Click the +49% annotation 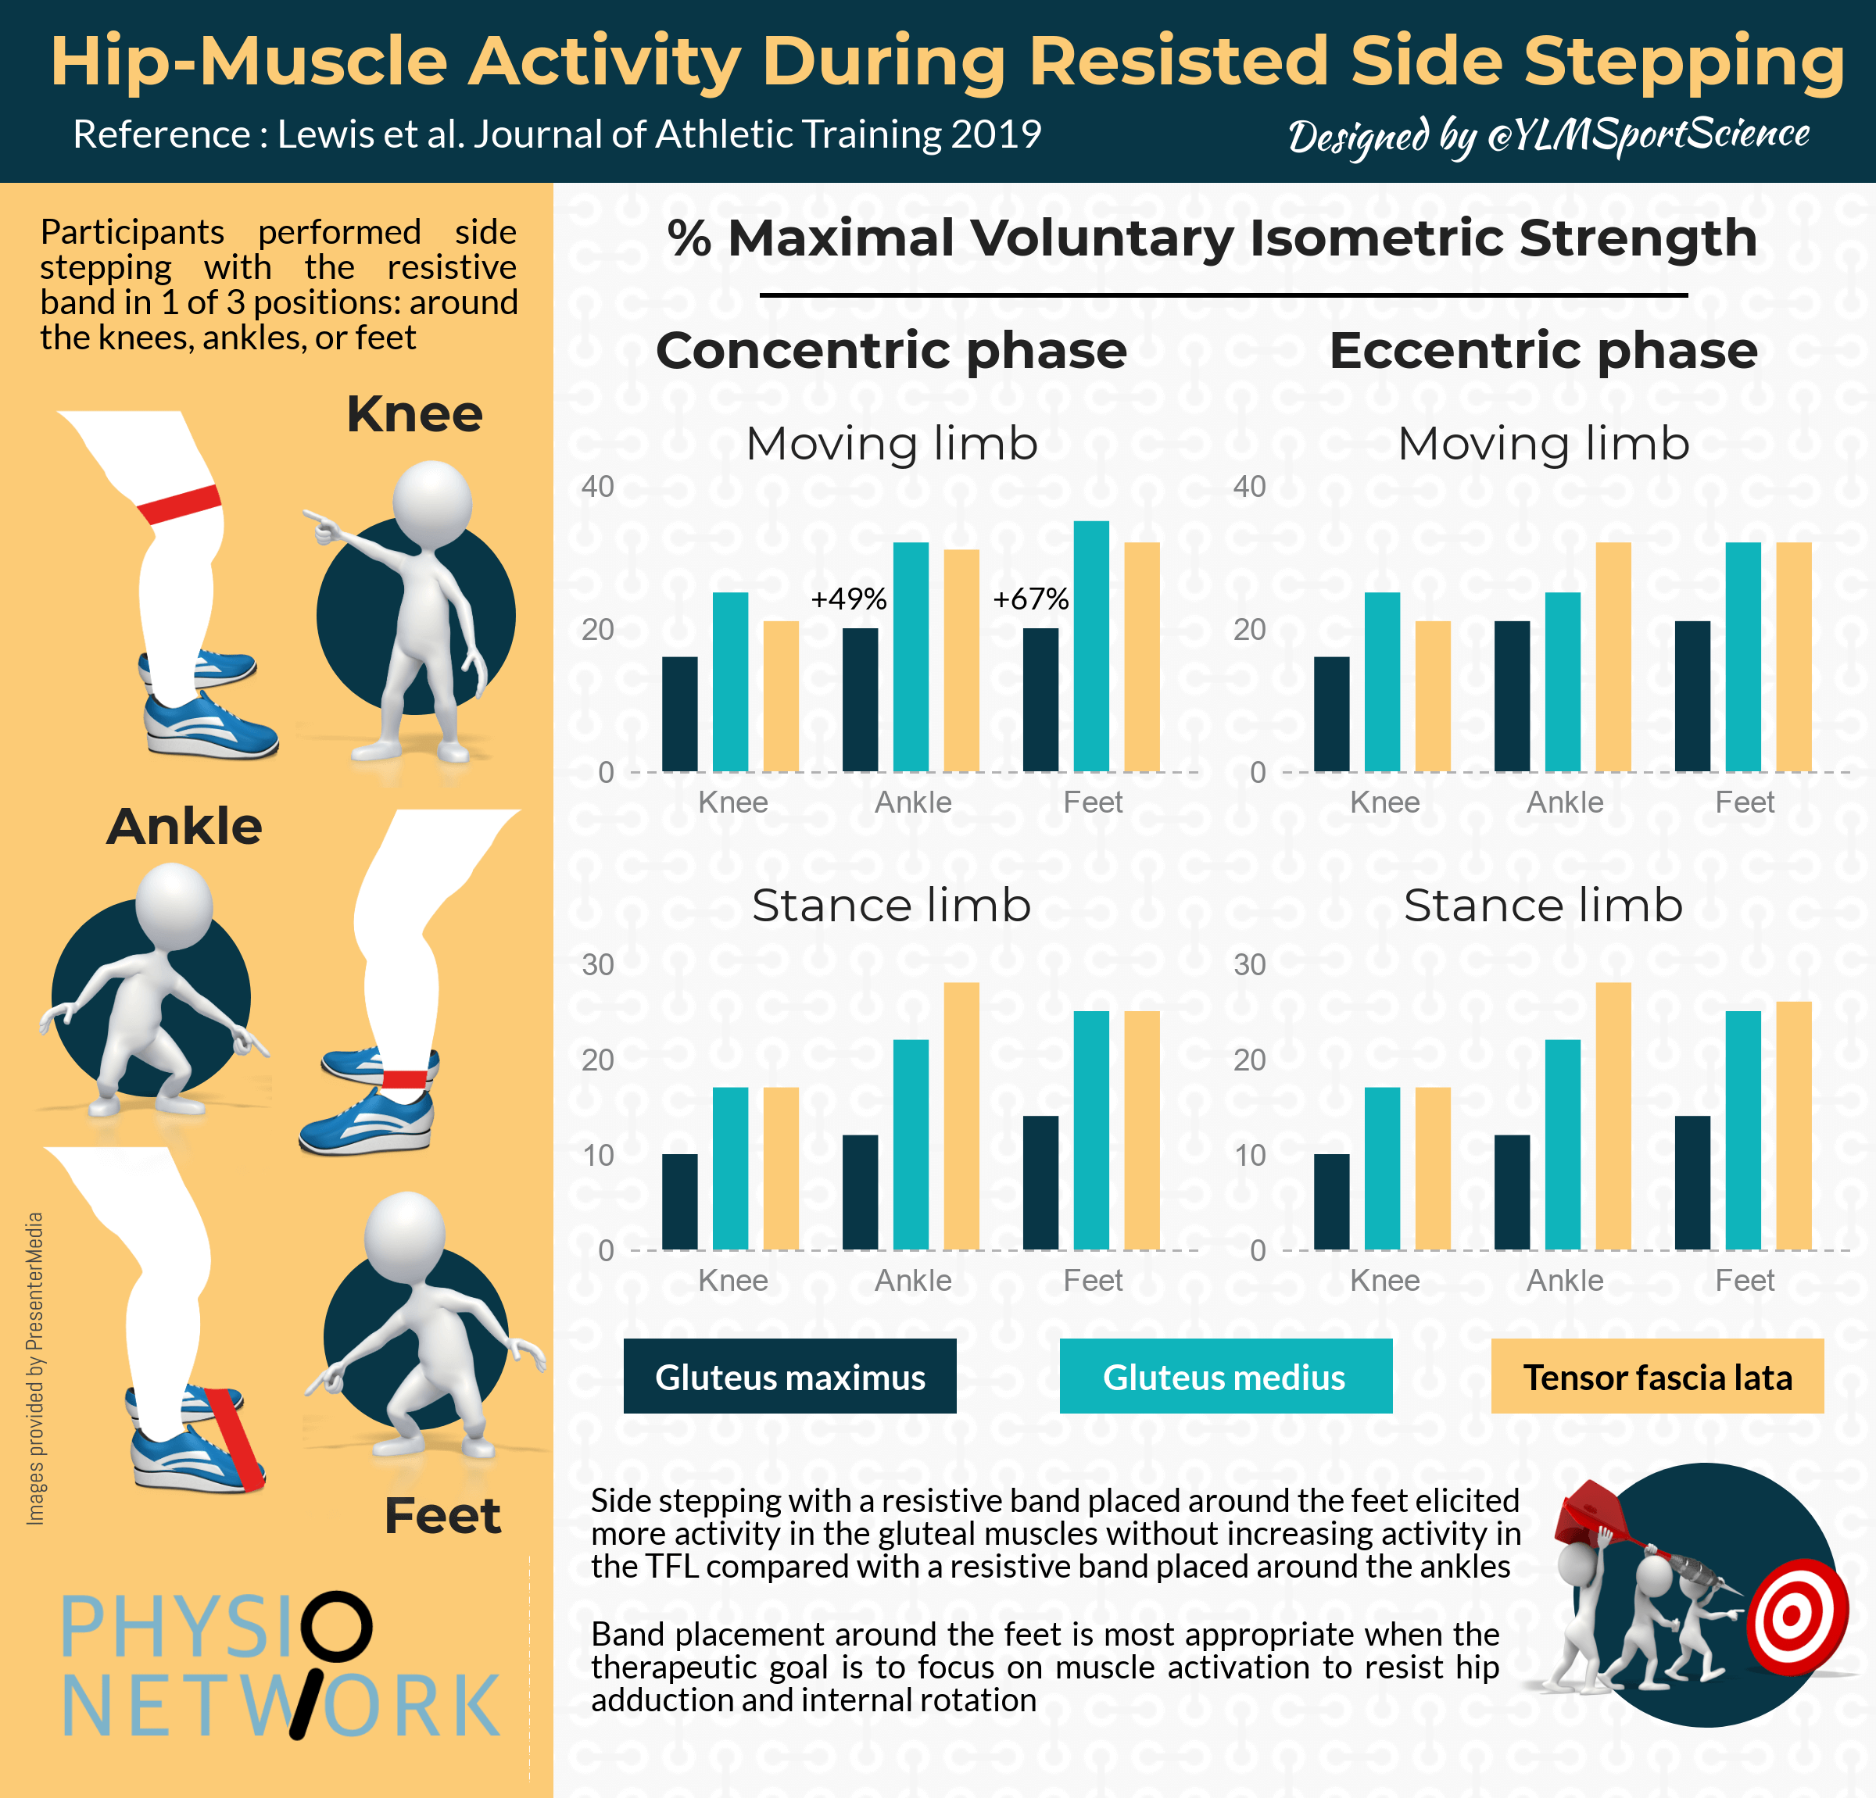(x=848, y=599)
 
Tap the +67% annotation (x=1030, y=599)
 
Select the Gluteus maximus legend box (x=789, y=1376)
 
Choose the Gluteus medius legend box (x=1225, y=1376)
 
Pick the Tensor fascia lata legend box (x=1657, y=1376)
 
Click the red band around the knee (x=179, y=503)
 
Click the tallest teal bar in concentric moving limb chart (x=1091, y=646)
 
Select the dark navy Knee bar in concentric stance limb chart (x=679, y=1201)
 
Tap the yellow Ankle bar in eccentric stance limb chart (x=1613, y=1116)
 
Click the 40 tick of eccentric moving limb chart (x=1249, y=487)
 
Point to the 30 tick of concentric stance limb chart (x=597, y=964)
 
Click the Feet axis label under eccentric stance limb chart (x=1744, y=1280)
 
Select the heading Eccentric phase (x=1543, y=350)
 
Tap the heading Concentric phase (x=891, y=350)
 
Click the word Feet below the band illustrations (x=442, y=1516)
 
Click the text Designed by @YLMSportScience (x=1548, y=136)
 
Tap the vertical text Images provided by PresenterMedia (x=34, y=1368)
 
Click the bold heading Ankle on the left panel (x=184, y=827)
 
